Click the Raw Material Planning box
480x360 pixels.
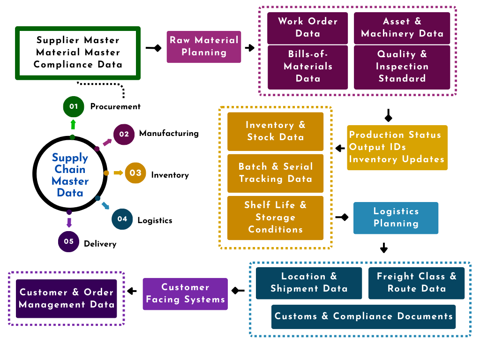tap(204, 46)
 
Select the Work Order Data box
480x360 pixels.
tap(307, 27)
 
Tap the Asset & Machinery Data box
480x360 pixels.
tap(402, 27)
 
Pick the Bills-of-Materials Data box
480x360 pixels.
tap(307, 67)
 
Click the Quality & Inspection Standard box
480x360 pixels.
tap(402, 67)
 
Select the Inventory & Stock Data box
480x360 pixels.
tap(275, 131)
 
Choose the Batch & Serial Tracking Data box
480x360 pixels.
tap(275, 173)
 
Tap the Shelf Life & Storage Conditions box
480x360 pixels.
tap(275, 217)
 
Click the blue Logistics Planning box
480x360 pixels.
tap(396, 217)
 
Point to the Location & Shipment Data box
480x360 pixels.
tap(309, 283)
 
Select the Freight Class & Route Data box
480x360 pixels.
tap(416, 283)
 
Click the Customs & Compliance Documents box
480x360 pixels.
tap(363, 316)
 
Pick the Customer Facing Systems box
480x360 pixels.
tap(185, 293)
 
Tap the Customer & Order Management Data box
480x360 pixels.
tap(66, 299)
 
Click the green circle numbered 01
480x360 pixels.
tap(73, 106)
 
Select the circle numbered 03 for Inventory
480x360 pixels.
tap(135, 173)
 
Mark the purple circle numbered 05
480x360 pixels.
tap(68, 241)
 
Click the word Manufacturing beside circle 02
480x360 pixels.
tap(169, 134)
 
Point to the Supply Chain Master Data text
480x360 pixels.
tap(70, 175)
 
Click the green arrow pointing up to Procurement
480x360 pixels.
tap(73, 124)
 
